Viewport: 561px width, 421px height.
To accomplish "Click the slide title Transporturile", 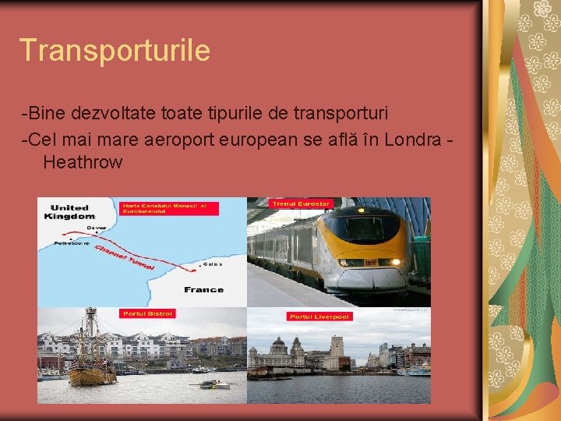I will pyautogui.click(x=115, y=51).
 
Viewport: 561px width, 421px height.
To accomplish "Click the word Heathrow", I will pyautogui.click(x=83, y=162).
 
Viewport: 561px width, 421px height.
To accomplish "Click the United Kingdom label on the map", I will pyautogui.click(x=72, y=212).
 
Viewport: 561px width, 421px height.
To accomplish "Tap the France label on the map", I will pyautogui.click(x=203, y=289).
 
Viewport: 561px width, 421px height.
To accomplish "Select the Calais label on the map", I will pyautogui.click(x=212, y=264).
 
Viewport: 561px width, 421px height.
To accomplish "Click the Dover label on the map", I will pyautogui.click(x=97, y=228).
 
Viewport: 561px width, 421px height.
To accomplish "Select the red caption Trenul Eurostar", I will pyautogui.click(x=301, y=203).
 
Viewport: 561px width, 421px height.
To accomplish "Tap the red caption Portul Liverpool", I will pyautogui.click(x=319, y=317).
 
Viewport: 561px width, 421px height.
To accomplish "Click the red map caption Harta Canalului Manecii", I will pyautogui.click(x=169, y=207).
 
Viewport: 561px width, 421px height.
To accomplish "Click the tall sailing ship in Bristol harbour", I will pyautogui.click(x=91, y=351).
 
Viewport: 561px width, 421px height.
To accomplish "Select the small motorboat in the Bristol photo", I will pyautogui.click(x=213, y=384).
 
